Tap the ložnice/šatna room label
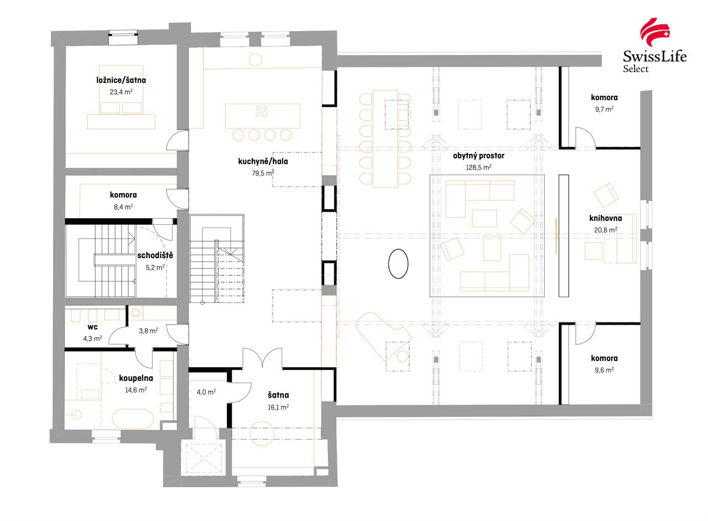pos(121,80)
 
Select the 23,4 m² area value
pos(121,92)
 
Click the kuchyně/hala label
pos(263,162)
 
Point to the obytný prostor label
pos(478,156)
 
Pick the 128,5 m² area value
pos(478,167)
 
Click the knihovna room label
pos(605,218)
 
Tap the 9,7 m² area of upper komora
pos(604,110)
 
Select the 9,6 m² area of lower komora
pos(604,370)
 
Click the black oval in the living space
pos(398,264)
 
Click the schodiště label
pos(155,255)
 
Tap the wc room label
pos(92,327)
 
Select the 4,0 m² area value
pos(206,392)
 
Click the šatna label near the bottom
pos(278,395)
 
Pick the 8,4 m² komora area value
pos(123,207)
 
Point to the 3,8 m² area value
pos(148,331)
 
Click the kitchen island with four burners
pos(262,116)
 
